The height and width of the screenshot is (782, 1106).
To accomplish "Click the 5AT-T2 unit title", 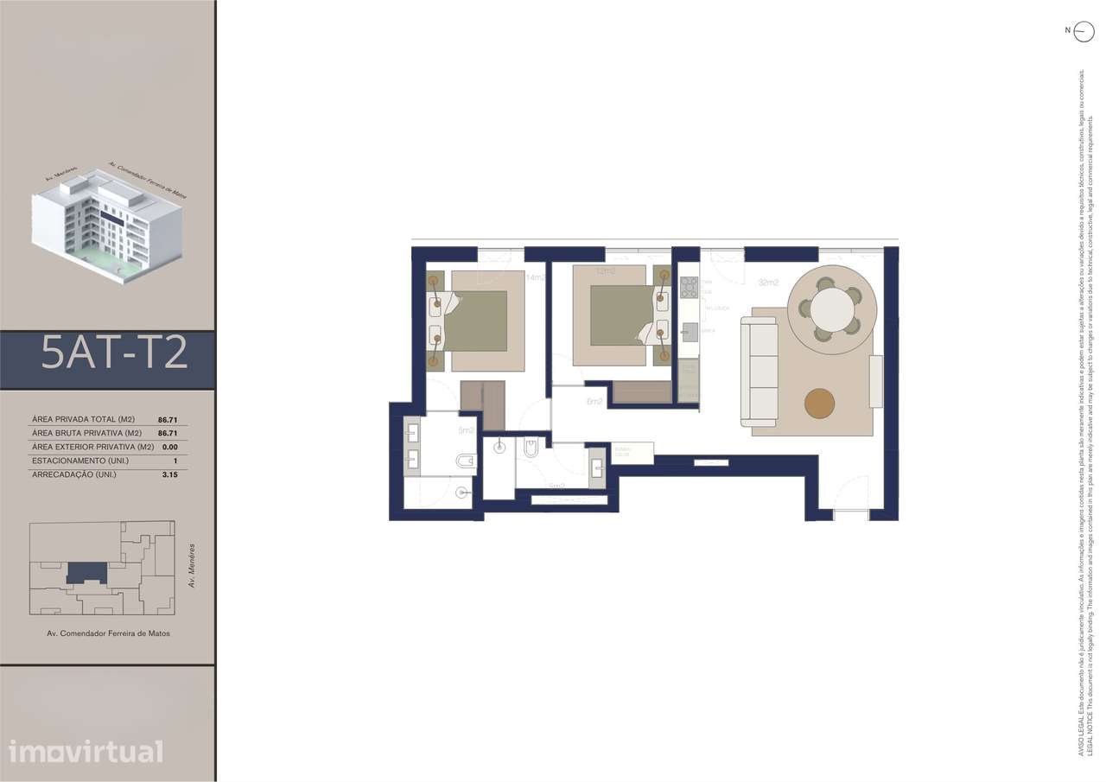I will coord(114,353).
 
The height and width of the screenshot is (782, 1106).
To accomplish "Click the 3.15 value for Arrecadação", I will coord(169,474).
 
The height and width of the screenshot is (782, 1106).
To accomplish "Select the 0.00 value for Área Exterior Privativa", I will coord(169,447).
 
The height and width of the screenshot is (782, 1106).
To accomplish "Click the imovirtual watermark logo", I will coord(86,751).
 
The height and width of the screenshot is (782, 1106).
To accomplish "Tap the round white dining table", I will coord(832,309).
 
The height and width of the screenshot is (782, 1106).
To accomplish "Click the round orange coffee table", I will coord(819,403).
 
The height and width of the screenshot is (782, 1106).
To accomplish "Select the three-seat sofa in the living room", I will coord(759,371).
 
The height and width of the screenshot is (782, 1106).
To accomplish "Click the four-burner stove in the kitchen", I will coord(689,287).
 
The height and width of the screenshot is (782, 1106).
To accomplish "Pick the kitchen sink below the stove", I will coord(689,330).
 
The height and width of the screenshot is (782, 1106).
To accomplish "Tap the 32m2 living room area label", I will coord(768,283).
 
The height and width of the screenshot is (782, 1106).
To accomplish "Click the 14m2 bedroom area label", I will coord(536,277).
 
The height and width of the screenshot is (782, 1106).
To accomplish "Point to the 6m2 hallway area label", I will coord(594,402).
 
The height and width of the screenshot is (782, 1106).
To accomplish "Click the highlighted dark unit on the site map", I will coord(86,572).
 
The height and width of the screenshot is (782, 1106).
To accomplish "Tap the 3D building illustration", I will coord(108,225).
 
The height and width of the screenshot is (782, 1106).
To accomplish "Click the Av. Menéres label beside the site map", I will coord(192,565).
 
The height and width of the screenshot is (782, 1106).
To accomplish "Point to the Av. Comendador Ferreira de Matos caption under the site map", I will coord(108,633).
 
